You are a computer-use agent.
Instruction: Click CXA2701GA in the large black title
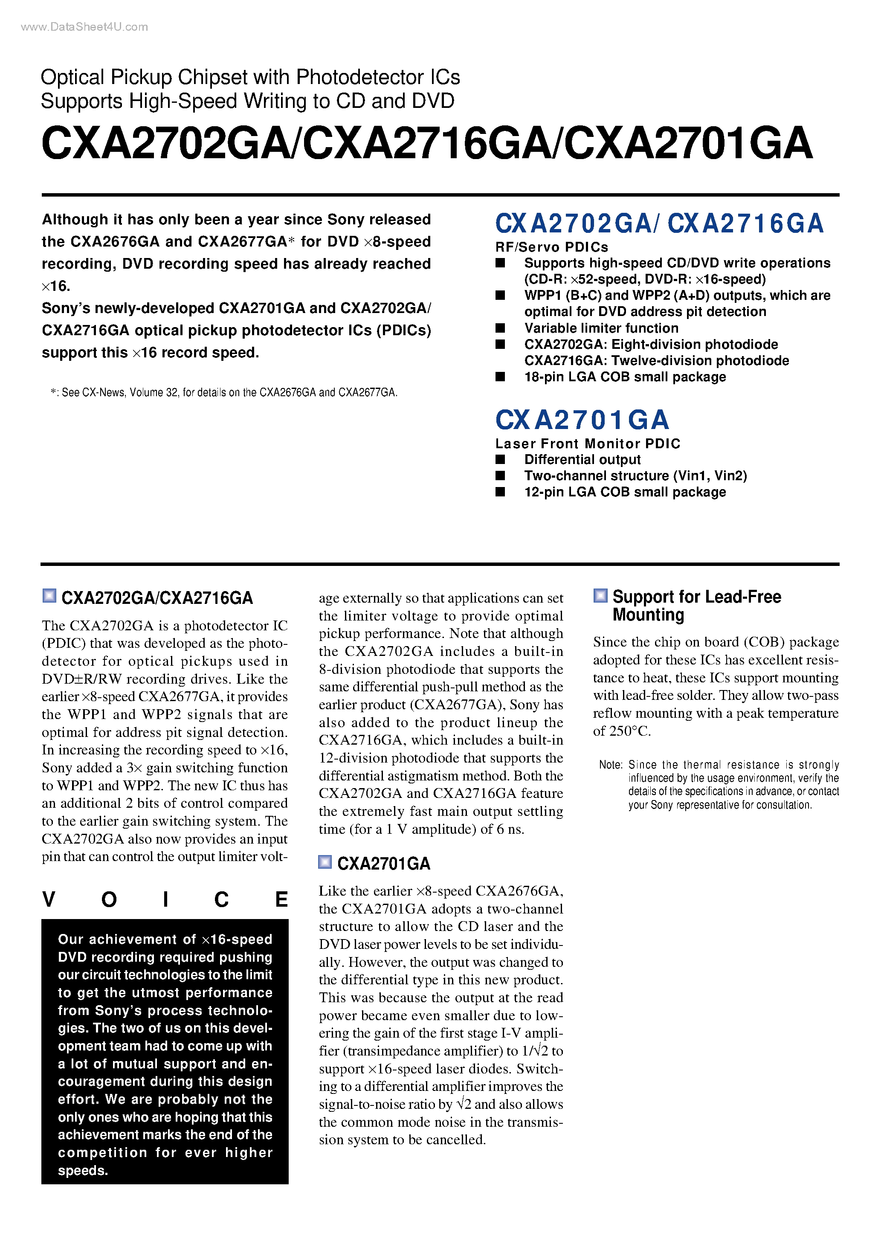pos(688,144)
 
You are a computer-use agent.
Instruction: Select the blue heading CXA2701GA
pos(582,420)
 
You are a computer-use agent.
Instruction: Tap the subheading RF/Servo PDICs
pos(551,247)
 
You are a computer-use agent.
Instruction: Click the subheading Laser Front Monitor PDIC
pos(587,444)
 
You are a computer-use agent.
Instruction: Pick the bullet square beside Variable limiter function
pos(500,328)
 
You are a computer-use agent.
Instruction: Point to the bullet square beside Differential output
pos(500,459)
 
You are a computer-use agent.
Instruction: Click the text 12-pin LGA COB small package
pos(625,492)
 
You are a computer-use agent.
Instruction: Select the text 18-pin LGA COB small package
pos(625,377)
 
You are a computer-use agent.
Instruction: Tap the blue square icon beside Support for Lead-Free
pos(600,596)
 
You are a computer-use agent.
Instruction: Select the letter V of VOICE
pos(49,900)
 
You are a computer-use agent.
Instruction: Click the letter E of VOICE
pos(281,900)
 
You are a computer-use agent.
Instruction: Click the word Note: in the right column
pos(611,765)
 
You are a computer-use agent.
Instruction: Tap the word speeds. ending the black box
pos(83,1170)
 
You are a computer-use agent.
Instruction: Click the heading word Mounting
pos(648,615)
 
